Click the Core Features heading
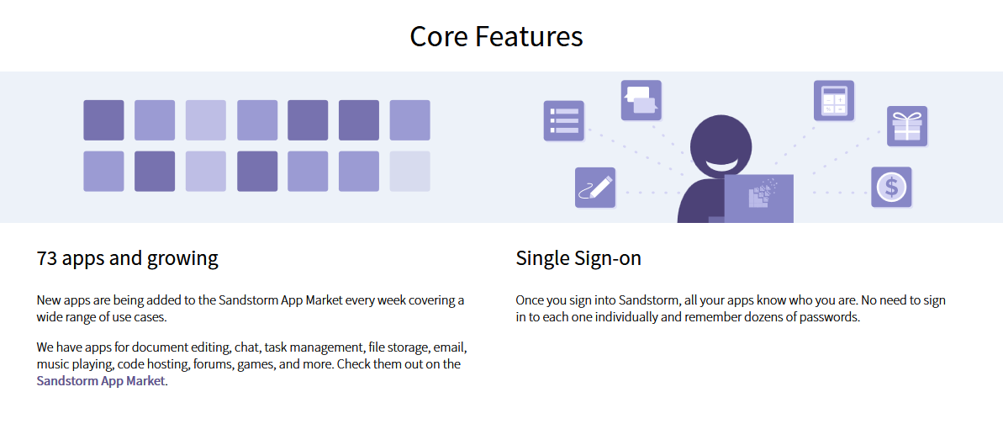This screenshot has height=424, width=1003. click(x=496, y=36)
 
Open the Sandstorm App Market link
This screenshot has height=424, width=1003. click(x=101, y=381)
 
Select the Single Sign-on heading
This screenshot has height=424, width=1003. click(x=578, y=259)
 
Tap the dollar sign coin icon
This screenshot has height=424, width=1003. click(x=891, y=187)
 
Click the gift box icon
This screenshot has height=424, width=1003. click(x=906, y=126)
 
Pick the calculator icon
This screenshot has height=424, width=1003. click(x=833, y=101)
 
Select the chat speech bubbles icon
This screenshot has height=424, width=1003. click(x=641, y=100)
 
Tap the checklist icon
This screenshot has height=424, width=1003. click(x=563, y=120)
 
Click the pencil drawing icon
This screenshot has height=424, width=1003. click(x=595, y=188)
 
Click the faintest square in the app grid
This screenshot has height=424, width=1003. click(x=410, y=172)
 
